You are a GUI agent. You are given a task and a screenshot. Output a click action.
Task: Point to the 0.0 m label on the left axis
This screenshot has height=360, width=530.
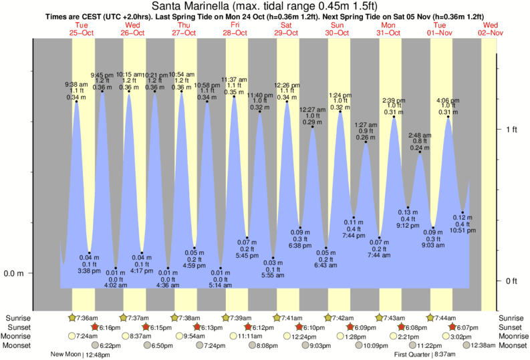point(15,273)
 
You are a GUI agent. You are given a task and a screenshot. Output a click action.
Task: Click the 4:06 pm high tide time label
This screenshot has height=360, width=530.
point(448,101)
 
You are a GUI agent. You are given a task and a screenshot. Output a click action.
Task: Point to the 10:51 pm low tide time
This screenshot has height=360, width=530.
point(462,230)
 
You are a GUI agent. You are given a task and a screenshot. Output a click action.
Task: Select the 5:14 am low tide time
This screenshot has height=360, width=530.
point(221,285)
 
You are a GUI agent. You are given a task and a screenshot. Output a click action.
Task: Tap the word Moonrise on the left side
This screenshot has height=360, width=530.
point(19,337)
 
